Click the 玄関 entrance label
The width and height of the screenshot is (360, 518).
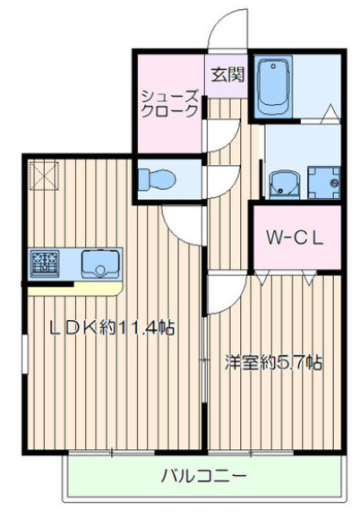tap(227, 75)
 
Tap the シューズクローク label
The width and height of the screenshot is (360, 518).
tap(170, 104)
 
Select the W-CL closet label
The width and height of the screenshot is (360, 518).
tap(295, 237)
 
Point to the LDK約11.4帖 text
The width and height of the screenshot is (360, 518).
tap(112, 327)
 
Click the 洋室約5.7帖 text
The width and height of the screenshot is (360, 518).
tap(273, 362)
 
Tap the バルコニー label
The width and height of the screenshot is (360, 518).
tap(204, 476)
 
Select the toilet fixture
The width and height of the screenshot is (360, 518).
tap(157, 180)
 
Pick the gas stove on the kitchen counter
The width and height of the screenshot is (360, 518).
tap(45, 264)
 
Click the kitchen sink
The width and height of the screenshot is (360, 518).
tap(100, 264)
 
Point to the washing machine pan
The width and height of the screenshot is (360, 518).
tap(323, 183)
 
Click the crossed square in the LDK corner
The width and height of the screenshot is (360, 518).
tap(45, 176)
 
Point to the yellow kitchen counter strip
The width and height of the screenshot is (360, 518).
tap(74, 289)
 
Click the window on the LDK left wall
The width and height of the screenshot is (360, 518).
tap(25, 354)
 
